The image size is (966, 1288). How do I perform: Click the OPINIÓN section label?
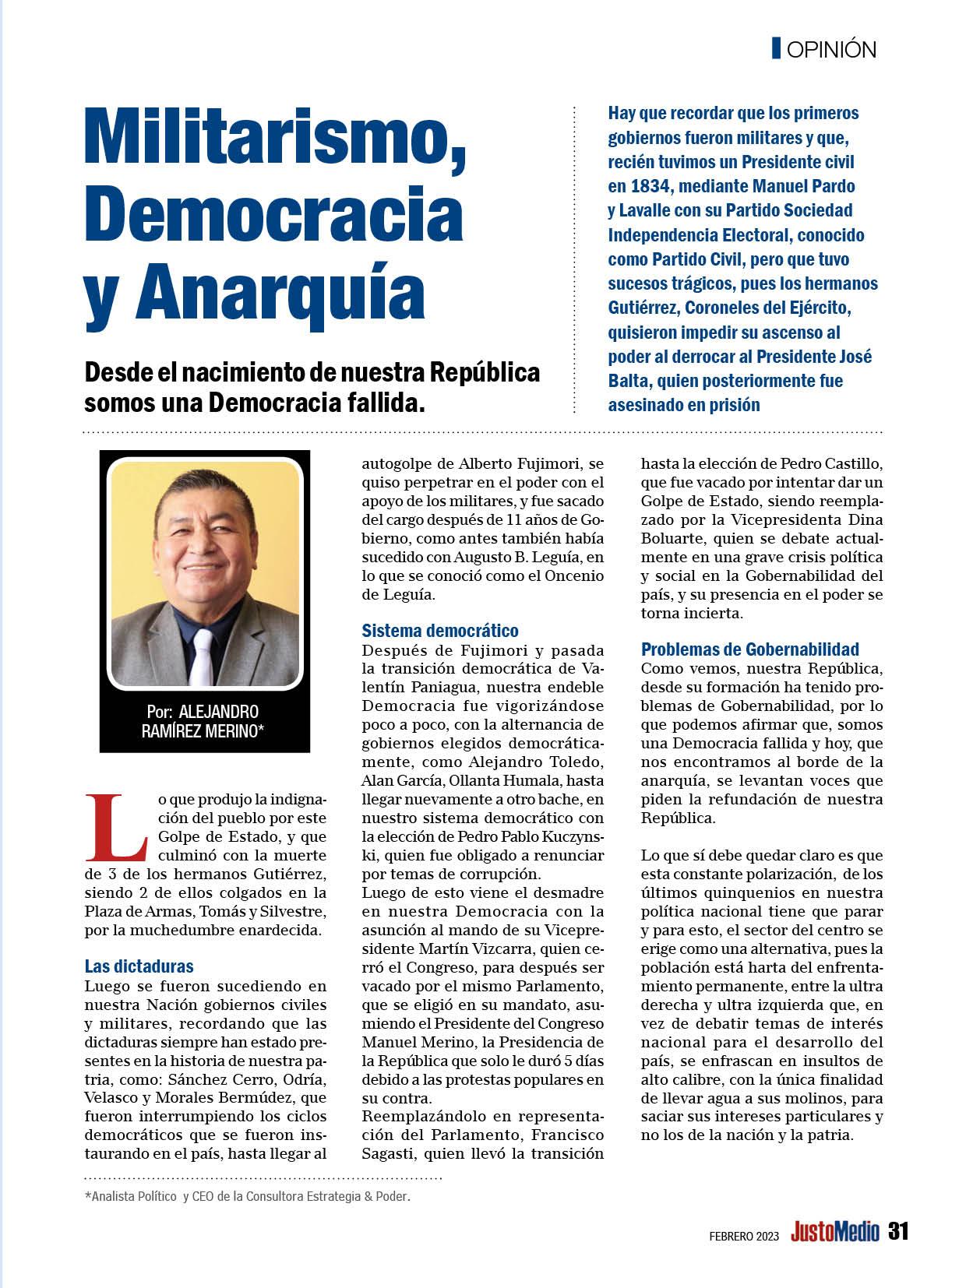(831, 50)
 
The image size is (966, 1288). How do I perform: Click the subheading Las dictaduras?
(139, 966)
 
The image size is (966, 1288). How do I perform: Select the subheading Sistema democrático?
(440, 631)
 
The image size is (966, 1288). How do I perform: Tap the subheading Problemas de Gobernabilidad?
(749, 649)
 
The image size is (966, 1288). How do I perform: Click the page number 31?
(898, 1231)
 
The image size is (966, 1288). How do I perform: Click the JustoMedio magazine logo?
(834, 1232)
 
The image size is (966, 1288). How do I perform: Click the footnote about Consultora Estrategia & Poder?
(247, 1197)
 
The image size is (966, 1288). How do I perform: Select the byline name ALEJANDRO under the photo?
(218, 712)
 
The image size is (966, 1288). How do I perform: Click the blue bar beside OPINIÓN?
(776, 49)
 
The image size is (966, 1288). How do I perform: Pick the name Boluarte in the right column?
(675, 539)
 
